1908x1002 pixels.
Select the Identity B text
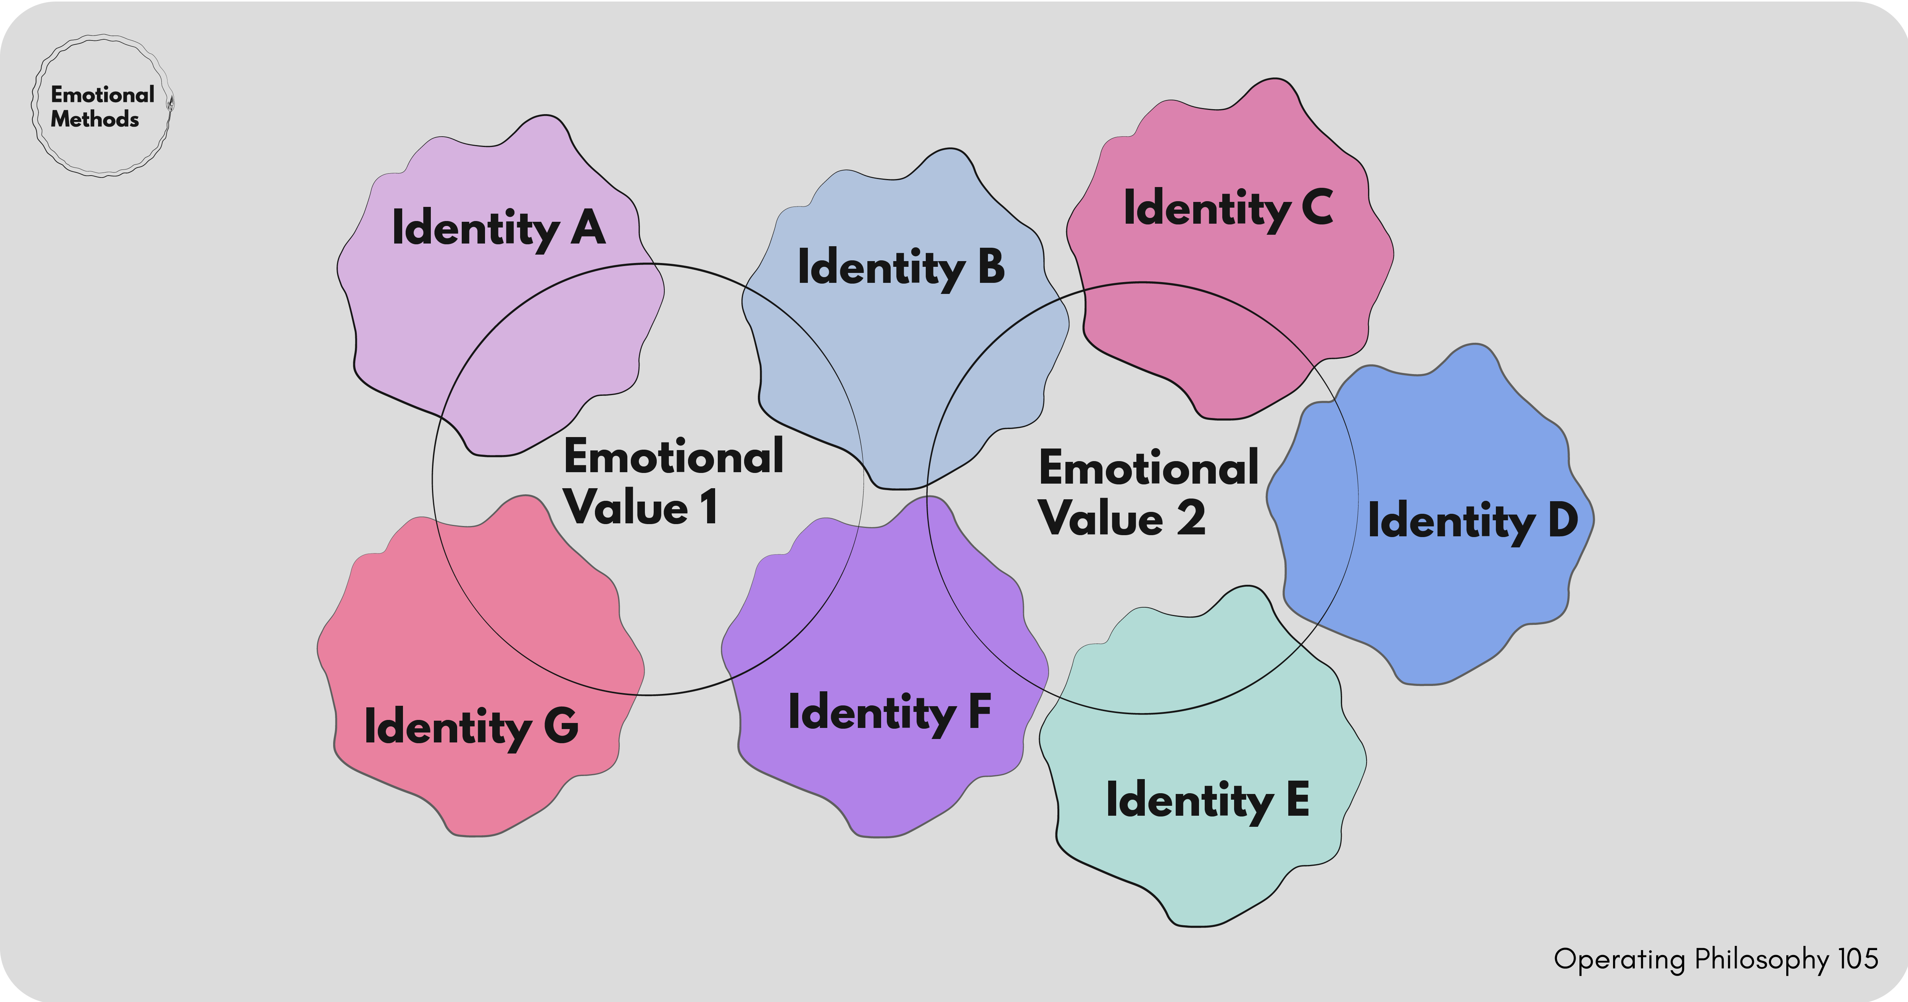point(901,268)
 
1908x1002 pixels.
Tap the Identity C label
point(1228,209)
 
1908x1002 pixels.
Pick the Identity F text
point(890,713)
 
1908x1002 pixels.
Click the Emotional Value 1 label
point(673,482)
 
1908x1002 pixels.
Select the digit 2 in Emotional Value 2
point(1191,517)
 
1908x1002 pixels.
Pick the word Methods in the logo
point(95,119)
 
